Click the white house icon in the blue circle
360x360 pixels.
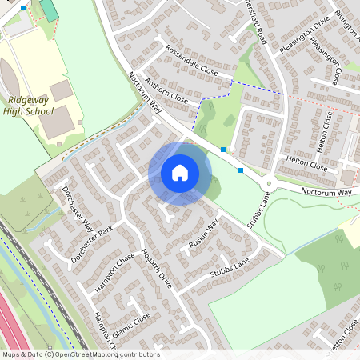pos(180,173)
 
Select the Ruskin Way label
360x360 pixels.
pos(204,232)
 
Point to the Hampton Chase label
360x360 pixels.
pos(114,273)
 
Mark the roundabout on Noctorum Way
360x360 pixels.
pos(270,183)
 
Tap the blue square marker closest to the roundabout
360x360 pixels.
pos(241,170)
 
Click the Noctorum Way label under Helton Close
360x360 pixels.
pos(326,193)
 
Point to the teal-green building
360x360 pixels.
pos(49,10)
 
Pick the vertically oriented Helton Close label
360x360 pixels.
pos(327,131)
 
